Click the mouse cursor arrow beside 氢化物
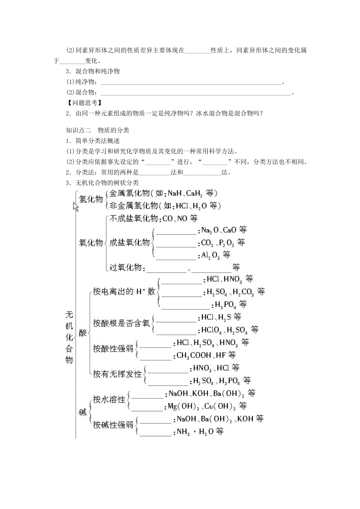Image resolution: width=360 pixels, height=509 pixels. pyautogui.click(x=76, y=206)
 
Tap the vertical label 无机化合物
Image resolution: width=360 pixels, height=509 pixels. pyautogui.click(x=69, y=337)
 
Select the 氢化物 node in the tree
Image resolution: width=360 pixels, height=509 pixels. pyautogui.click(x=91, y=199)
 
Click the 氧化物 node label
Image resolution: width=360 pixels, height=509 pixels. pyautogui.click(x=91, y=243)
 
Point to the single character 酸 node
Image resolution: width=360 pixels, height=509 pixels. pyautogui.click(x=83, y=333)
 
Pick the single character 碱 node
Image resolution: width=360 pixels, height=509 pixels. pyautogui.click(x=83, y=412)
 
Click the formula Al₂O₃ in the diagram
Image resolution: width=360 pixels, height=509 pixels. pyautogui.click(x=210, y=255)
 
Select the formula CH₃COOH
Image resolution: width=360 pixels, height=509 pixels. pyautogui.click(x=194, y=355)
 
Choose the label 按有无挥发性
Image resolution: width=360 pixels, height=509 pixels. pyautogui.click(x=117, y=374)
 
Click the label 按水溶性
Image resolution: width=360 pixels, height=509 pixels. pyautogui.click(x=109, y=400)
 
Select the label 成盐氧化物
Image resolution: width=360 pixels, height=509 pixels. pyautogui.click(x=129, y=243)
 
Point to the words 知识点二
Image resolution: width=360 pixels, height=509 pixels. pyautogui.click(x=77, y=130)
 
